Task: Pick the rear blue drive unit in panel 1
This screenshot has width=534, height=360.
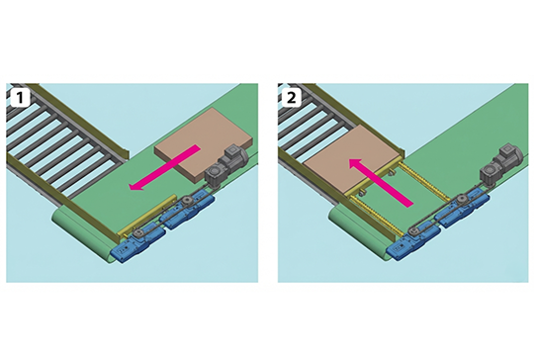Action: (189, 214)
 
